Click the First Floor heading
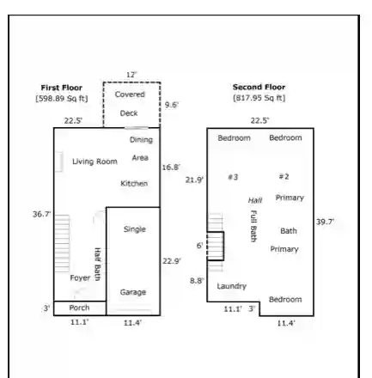(62, 88)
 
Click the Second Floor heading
(259, 87)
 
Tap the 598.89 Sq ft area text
(62, 99)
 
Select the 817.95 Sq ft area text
(259, 98)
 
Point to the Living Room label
(95, 162)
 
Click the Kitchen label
(134, 184)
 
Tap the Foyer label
(80, 277)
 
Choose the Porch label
(79, 308)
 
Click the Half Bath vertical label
(97, 265)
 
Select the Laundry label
(232, 286)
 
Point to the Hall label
(255, 200)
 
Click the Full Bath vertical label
(253, 226)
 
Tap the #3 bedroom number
(233, 177)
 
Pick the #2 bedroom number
(284, 176)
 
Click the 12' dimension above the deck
(131, 75)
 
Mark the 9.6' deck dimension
(172, 105)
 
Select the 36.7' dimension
(42, 214)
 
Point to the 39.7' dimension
(325, 222)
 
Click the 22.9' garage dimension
(172, 261)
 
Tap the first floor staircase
(62, 243)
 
